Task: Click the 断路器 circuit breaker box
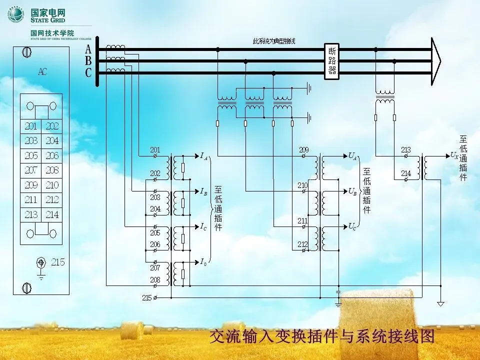pos(332,60)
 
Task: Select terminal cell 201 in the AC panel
pos(31,126)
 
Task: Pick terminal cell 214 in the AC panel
pos(52,214)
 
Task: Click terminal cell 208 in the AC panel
pos(52,170)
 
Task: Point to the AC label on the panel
pos(42,71)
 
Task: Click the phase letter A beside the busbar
pos(88,49)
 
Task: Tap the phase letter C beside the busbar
pos(88,73)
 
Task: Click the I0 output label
pos(203,261)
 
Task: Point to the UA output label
pos(352,156)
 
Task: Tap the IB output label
pos(203,191)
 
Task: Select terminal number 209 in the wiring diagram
pos(303,150)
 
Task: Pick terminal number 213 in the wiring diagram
pos(405,150)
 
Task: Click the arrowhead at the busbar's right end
pos(436,61)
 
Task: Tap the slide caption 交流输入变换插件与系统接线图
pos(322,336)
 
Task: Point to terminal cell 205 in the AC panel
pos(31,156)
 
